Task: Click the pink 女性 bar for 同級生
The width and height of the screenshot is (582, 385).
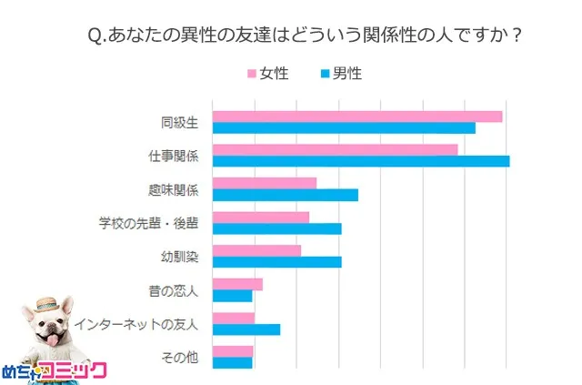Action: pyautogui.click(x=356, y=116)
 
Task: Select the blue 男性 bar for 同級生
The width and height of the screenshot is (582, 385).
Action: pyautogui.click(x=343, y=127)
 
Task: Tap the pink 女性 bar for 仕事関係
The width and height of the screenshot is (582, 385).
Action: pyautogui.click(x=335, y=149)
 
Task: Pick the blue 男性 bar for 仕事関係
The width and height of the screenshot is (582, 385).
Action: pyautogui.click(x=360, y=161)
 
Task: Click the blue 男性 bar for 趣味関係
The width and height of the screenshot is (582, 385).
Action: pyautogui.click(x=285, y=195)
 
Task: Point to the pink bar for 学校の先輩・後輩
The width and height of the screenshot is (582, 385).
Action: pyautogui.click(x=260, y=217)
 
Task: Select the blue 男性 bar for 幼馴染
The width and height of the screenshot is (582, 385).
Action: pyautogui.click(x=276, y=262)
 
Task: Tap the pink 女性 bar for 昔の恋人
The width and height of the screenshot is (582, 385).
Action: pyautogui.click(x=236, y=284)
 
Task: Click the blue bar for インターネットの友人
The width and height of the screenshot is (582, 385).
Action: pyautogui.click(x=246, y=329)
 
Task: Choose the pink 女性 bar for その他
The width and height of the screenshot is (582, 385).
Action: pyautogui.click(x=232, y=351)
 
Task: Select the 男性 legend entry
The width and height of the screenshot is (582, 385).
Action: pyautogui.click(x=339, y=74)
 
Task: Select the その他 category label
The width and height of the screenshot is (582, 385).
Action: pyautogui.click(x=179, y=357)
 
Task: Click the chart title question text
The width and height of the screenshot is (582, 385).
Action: pyautogui.click(x=306, y=35)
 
